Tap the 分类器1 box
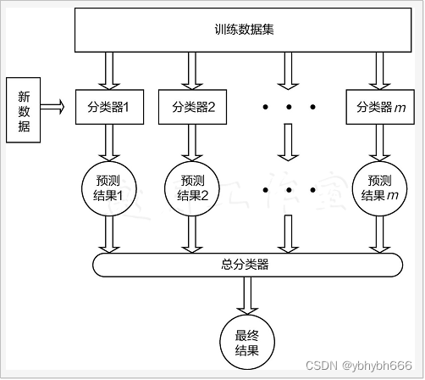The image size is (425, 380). coord(108,107)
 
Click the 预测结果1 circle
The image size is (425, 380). coord(108,189)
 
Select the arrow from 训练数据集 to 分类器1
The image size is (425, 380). coord(108,69)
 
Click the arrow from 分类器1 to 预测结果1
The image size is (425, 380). coord(108,142)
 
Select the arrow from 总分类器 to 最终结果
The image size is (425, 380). coord(245,295)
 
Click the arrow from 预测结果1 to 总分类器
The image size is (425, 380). coord(108,234)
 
